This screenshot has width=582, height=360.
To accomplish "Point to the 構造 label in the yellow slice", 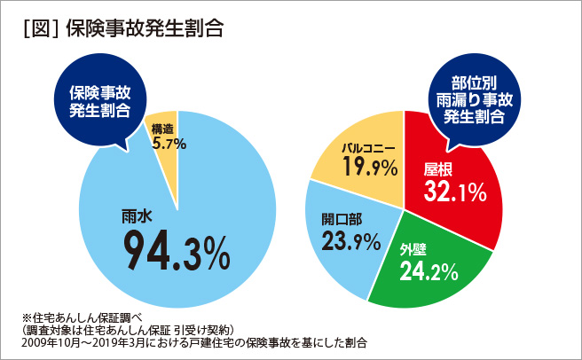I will (x=163, y=127).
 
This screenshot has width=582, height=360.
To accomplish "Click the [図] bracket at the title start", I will (x=39, y=27).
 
